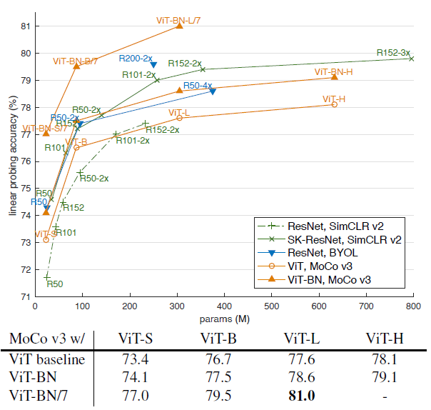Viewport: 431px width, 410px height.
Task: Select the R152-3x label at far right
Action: click(393, 52)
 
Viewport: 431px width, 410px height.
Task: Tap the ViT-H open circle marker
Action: click(334, 104)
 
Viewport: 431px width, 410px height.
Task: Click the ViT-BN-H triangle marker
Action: click(335, 76)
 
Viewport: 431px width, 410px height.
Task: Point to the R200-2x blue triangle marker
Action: click(153, 65)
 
